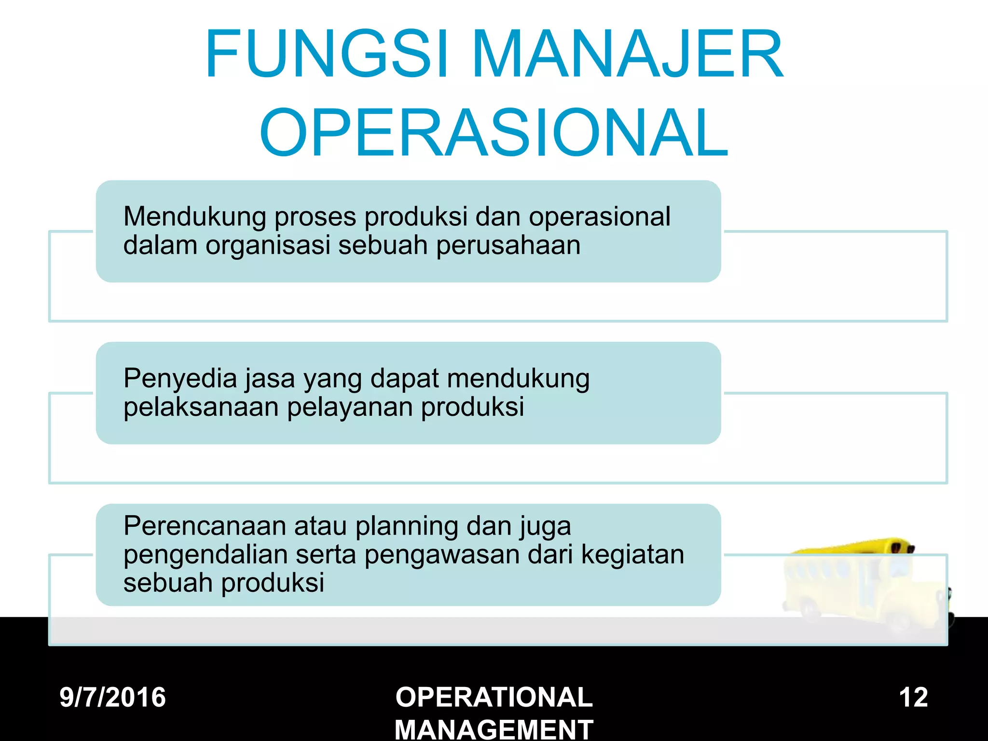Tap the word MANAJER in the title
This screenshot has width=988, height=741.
click(628, 54)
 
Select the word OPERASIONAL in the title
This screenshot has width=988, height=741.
click(494, 133)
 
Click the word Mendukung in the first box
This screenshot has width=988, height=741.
click(194, 217)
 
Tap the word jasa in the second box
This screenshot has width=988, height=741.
click(270, 378)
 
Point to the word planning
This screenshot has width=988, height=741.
click(407, 527)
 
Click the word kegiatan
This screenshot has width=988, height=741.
click(632, 555)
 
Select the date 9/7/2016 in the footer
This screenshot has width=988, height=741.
click(113, 698)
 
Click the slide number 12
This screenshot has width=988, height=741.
click(913, 698)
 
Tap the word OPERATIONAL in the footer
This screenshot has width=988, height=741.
click(494, 698)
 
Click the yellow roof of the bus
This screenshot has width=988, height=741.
click(849, 547)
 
